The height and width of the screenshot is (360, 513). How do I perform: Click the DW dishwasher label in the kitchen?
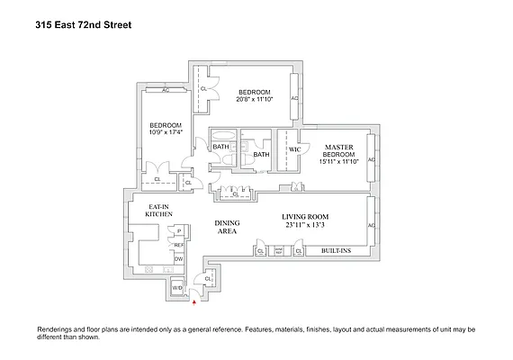point(178,259)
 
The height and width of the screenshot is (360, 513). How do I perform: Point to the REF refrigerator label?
point(178,245)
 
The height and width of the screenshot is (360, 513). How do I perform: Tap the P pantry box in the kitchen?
point(178,230)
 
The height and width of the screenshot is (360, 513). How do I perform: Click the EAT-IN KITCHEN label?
point(159,211)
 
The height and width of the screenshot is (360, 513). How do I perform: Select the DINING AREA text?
point(227,227)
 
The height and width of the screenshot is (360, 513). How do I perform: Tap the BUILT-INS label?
point(337,252)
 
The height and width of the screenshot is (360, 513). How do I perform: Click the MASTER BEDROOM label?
point(339,151)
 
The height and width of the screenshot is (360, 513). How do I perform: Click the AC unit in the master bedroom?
point(370,159)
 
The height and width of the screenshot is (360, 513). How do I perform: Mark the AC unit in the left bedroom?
point(166,90)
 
